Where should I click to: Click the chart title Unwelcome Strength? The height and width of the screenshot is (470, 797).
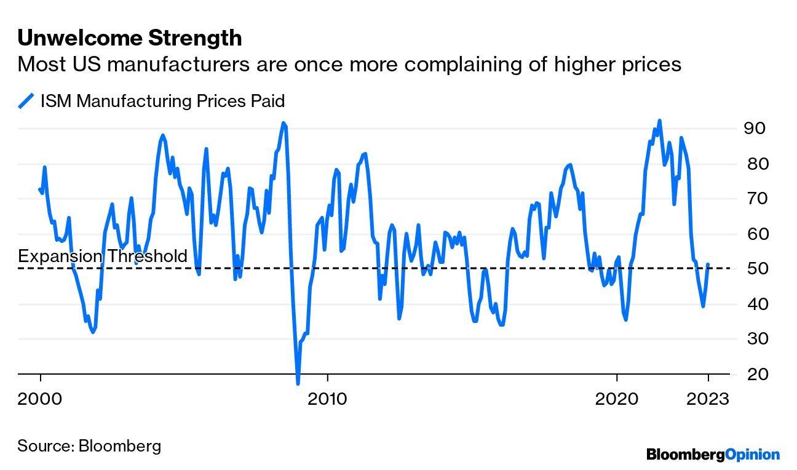(129, 38)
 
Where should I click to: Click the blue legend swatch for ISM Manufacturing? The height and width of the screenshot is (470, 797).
(26, 101)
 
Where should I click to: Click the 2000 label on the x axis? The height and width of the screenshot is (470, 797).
(40, 399)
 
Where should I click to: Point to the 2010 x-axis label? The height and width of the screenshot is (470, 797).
(327, 399)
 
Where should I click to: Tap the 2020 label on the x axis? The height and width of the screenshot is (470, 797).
(616, 399)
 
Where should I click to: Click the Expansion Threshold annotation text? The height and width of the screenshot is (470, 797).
(102, 256)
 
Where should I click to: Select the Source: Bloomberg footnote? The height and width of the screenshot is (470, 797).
(89, 445)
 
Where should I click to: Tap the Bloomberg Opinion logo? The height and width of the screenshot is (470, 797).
(713, 455)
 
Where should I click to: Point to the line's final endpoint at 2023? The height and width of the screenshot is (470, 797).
(708, 265)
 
